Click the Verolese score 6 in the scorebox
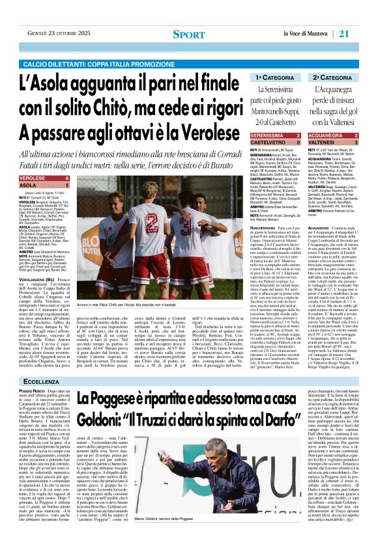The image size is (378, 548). tap(67, 178)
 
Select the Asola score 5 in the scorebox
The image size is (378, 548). tap(67, 185)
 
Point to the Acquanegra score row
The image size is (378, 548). tap(324, 135)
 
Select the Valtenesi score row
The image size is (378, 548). tap(324, 142)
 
